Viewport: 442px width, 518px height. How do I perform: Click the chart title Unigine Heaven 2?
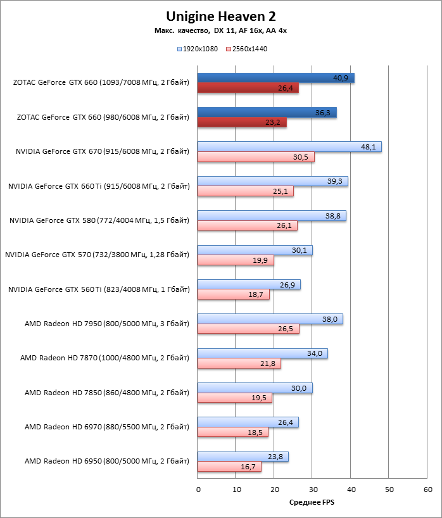(221, 16)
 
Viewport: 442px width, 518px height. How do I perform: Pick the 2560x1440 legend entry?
(246, 48)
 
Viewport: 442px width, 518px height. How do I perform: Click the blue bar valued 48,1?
(289, 147)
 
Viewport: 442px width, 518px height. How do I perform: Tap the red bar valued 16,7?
(229, 467)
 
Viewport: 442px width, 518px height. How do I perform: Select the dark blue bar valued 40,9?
(275, 78)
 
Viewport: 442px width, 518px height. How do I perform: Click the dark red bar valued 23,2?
(242, 123)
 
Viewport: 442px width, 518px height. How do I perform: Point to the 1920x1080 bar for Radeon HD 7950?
(270, 319)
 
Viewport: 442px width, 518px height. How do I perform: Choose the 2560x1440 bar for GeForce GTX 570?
(236, 260)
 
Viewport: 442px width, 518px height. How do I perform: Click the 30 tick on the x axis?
(313, 490)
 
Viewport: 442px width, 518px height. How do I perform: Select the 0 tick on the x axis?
(198, 490)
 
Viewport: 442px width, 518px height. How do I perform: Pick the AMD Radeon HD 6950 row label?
(107, 462)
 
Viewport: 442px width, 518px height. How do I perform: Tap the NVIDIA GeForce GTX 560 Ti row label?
(99, 289)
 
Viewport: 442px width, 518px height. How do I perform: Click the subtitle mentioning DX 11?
(221, 30)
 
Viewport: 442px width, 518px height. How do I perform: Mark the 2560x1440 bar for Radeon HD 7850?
(234, 398)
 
